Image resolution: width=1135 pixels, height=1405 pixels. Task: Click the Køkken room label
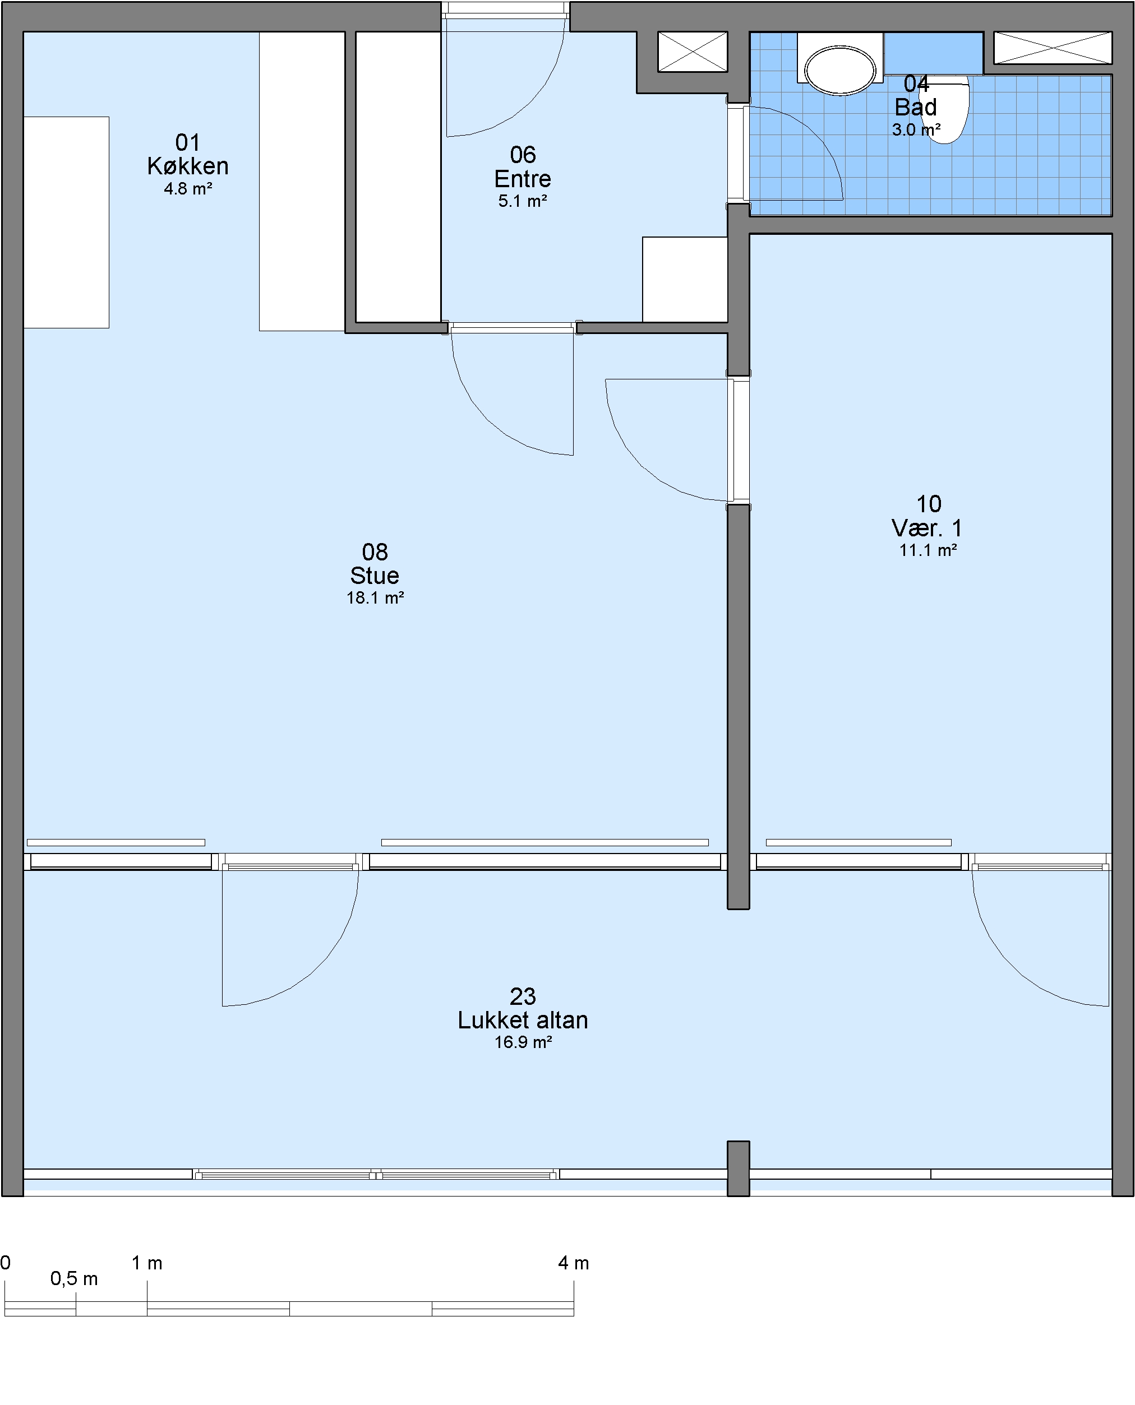click(x=188, y=166)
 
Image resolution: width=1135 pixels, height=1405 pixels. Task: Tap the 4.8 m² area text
click(x=188, y=189)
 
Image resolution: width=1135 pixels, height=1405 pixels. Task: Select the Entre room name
click(x=523, y=178)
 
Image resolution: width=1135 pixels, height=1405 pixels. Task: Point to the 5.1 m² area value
click(x=523, y=201)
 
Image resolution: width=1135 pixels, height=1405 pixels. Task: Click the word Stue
click(x=375, y=576)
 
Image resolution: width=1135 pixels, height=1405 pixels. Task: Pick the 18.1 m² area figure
click(x=375, y=598)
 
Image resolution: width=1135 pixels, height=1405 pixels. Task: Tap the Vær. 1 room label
click(x=927, y=528)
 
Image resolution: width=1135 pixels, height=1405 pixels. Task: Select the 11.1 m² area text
click(x=928, y=550)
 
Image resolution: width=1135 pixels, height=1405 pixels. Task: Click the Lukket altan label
click(x=523, y=1020)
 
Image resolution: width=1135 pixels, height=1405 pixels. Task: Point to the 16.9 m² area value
click(x=523, y=1042)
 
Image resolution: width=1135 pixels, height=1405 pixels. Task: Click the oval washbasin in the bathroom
click(x=840, y=70)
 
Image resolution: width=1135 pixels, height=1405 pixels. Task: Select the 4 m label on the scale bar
click(x=573, y=1263)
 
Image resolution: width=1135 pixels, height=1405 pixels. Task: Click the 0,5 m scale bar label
click(x=74, y=1279)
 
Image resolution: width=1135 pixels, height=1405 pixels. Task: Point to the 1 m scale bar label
click(x=146, y=1263)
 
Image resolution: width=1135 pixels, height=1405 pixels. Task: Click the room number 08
click(x=375, y=552)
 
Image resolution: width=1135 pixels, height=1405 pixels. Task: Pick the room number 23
click(x=523, y=996)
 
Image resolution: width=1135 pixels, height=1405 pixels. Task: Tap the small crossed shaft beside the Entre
click(x=693, y=52)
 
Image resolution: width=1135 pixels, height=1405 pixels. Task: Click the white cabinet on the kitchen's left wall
click(x=66, y=222)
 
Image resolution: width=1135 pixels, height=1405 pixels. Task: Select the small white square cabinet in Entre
click(x=685, y=279)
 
